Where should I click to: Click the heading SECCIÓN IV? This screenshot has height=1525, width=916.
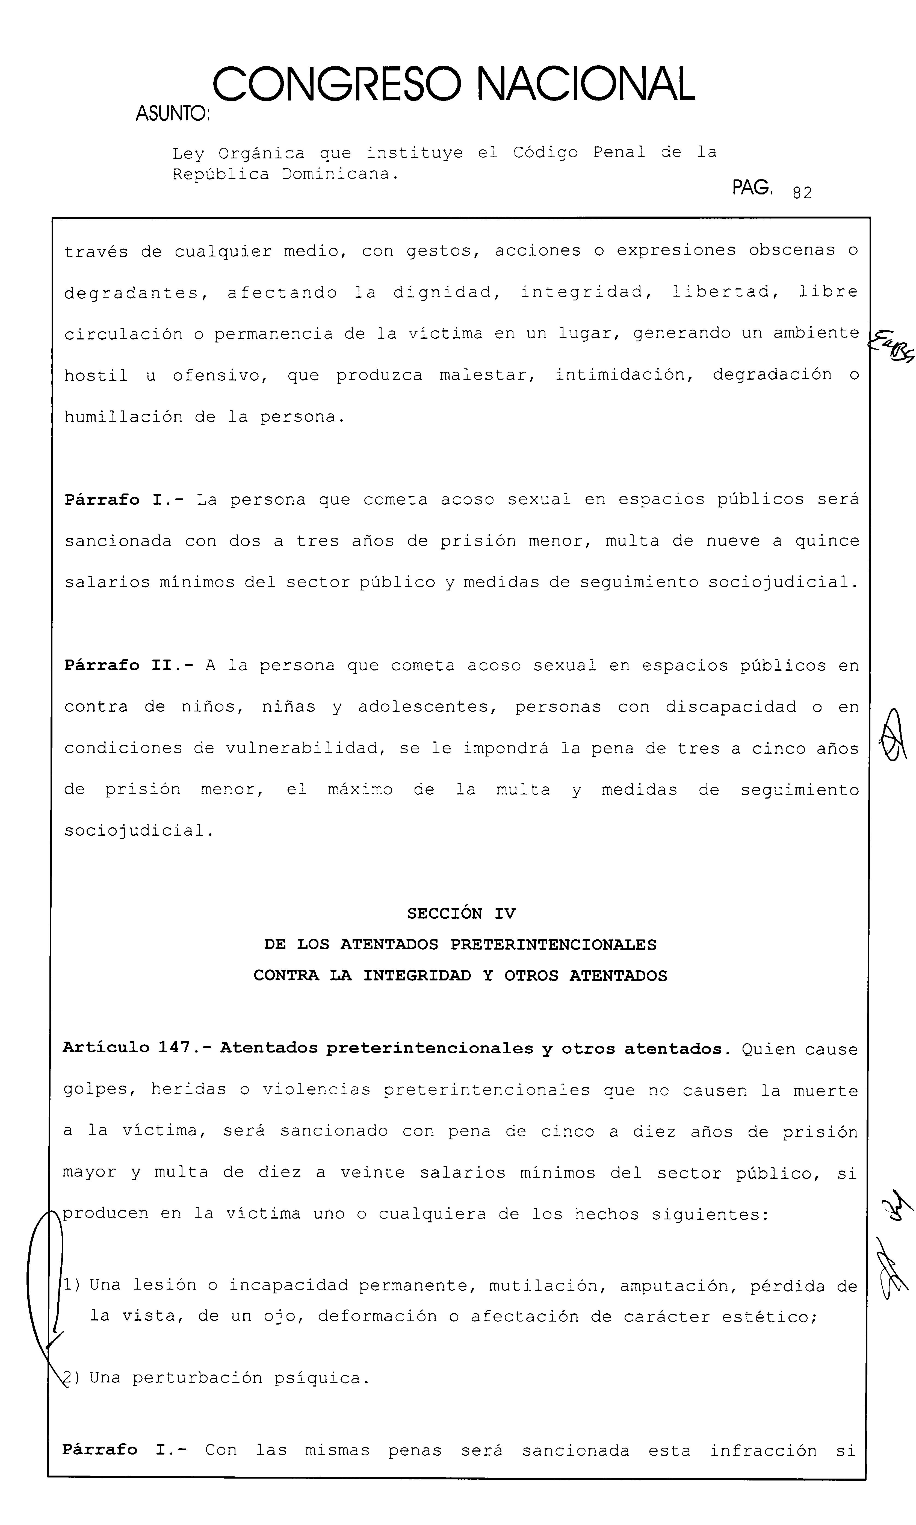(x=460, y=914)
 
